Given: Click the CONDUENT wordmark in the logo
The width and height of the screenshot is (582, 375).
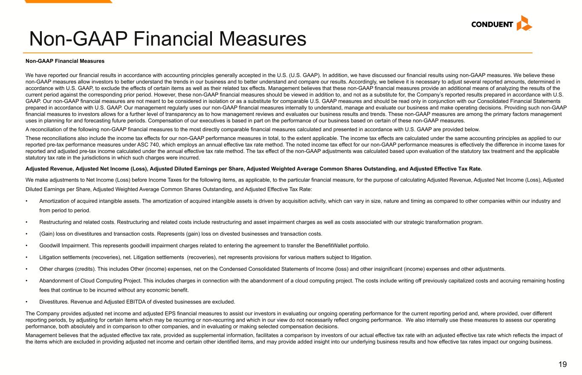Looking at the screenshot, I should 492,24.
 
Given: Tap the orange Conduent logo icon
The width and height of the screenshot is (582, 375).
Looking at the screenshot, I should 524,23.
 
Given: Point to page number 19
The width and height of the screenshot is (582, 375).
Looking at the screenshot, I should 562,364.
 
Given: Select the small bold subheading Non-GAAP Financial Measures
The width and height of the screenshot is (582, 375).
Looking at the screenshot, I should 65,61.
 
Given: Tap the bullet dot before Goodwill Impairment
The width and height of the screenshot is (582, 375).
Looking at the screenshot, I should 27,246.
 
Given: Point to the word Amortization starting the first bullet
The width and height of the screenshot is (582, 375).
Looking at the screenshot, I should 53,201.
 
